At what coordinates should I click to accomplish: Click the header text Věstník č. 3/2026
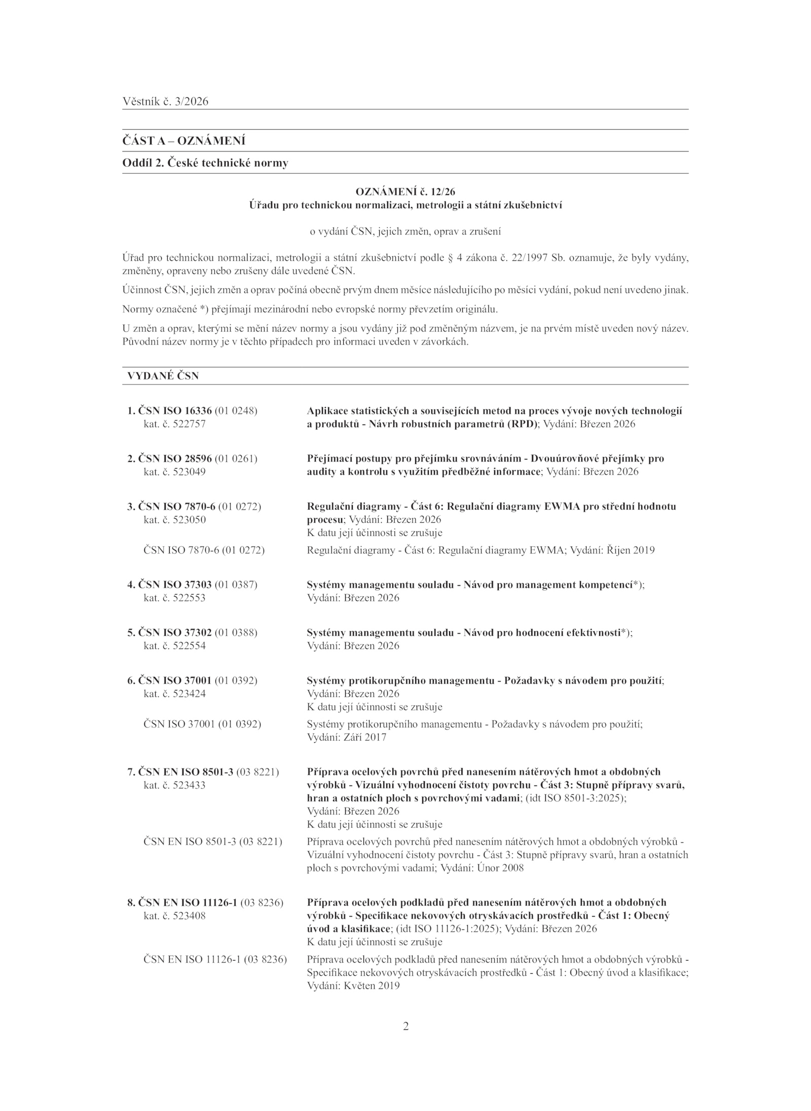(165, 101)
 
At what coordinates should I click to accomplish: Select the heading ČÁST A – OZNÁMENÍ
(183, 141)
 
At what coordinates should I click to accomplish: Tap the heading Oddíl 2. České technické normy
(205, 163)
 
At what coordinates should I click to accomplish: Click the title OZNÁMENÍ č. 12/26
(405, 192)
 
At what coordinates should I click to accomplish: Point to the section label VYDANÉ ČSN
(163, 376)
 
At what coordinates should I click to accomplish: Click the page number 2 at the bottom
(405, 1026)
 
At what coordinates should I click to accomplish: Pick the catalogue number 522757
(189, 424)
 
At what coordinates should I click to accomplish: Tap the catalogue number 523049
(189, 472)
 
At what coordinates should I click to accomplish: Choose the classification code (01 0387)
(236, 585)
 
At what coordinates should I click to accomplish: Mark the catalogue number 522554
(189, 646)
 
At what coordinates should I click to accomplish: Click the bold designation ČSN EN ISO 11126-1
(188, 902)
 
